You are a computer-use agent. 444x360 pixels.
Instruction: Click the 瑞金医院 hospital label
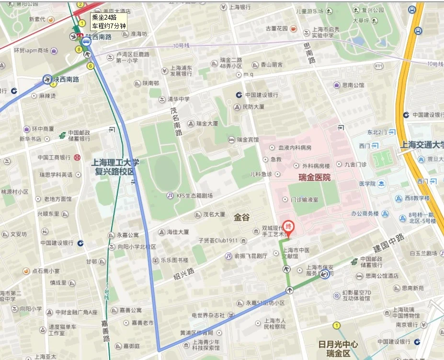coord(314,177)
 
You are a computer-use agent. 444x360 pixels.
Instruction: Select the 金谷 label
coord(242,217)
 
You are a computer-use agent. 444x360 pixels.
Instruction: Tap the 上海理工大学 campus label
coord(115,162)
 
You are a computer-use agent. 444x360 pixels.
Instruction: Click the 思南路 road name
coord(310,53)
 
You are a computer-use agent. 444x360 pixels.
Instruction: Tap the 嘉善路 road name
coord(105,331)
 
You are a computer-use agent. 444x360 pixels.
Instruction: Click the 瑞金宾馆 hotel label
coord(248,139)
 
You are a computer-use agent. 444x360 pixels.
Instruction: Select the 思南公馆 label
coord(353,85)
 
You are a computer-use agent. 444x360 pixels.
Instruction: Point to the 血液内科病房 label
coord(295,148)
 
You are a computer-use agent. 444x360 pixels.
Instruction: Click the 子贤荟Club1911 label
coord(218,240)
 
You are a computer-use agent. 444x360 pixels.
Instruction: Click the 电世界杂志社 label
coord(208,315)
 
